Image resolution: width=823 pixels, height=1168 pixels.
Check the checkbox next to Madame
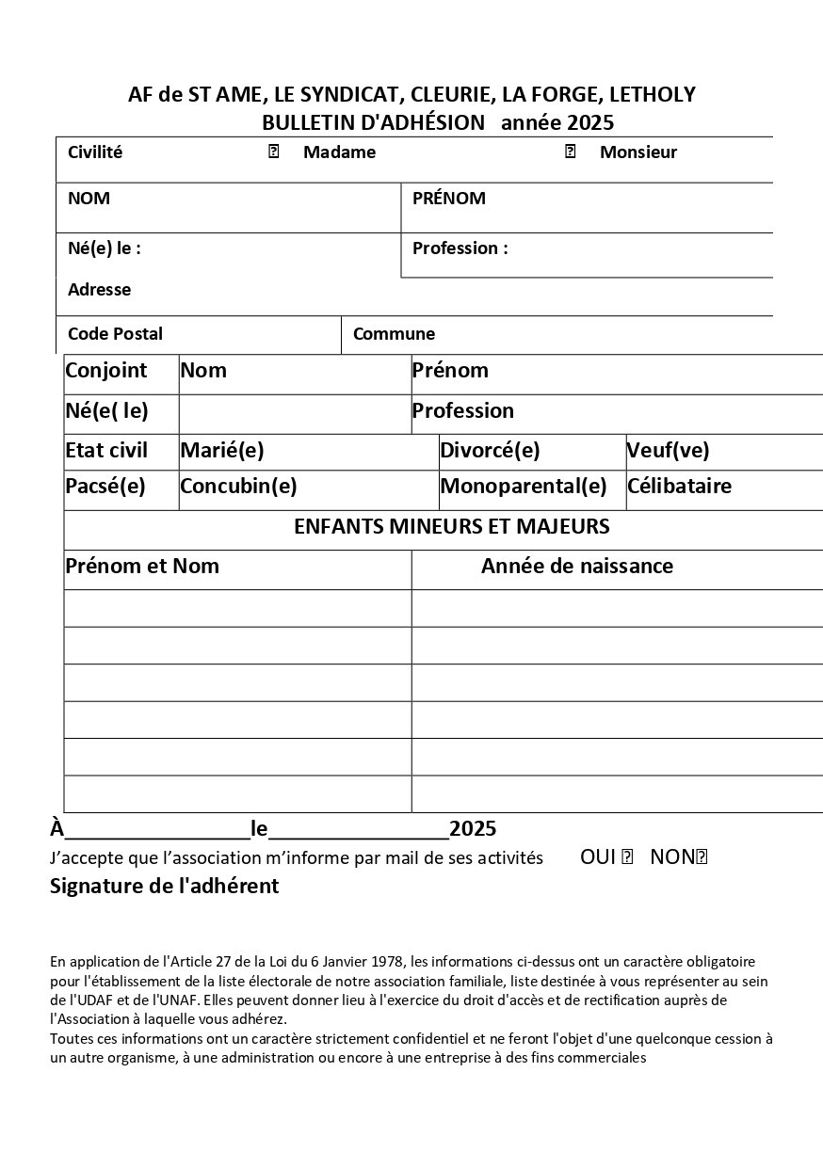[x=274, y=152]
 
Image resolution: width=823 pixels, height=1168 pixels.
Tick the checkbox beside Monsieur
[x=570, y=152]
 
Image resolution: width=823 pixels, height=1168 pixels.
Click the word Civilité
[x=95, y=152]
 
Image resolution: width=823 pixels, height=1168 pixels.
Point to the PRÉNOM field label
[x=449, y=198]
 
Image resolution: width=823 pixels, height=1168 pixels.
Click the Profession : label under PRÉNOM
[x=460, y=248]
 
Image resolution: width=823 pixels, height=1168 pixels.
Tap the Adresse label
[x=99, y=290]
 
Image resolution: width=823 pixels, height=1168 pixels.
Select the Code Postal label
[x=115, y=334]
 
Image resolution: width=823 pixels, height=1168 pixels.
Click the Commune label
[x=394, y=334]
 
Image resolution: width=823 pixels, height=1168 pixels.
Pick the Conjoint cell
[x=106, y=371]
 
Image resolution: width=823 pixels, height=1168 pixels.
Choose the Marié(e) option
[x=222, y=451]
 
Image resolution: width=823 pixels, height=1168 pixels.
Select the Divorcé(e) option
[x=490, y=451]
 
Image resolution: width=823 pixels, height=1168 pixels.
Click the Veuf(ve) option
[x=668, y=451]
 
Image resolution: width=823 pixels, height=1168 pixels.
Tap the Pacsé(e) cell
[x=105, y=487]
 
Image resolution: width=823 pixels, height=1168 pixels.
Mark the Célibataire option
[x=679, y=487]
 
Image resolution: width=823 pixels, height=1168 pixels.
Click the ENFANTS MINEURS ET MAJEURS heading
[x=452, y=527]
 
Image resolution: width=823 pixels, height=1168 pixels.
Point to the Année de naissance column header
[x=577, y=567]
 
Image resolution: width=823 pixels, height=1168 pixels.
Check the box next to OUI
[x=628, y=857]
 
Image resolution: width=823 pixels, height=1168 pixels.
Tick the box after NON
[x=701, y=857]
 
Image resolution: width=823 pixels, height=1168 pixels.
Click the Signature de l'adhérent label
[x=164, y=887]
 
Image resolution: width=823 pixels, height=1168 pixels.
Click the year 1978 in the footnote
[x=387, y=962]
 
